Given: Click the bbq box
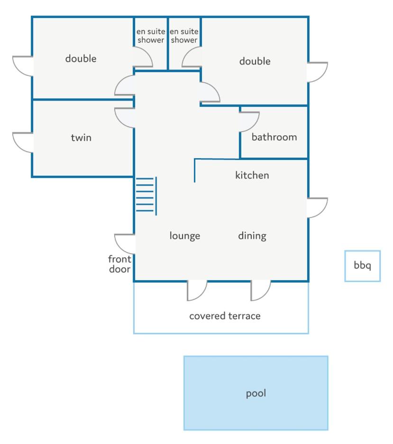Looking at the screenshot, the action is [x=362, y=266].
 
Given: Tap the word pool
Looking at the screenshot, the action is [x=256, y=394].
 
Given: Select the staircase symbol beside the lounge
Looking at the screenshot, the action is [x=146, y=196].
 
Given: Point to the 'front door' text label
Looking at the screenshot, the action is [x=119, y=264].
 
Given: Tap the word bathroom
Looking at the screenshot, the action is [x=274, y=137].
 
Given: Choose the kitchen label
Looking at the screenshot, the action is [x=252, y=175].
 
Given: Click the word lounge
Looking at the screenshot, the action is [x=184, y=236].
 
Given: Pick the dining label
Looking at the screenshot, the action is [x=252, y=236].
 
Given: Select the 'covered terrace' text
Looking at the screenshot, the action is [x=225, y=316].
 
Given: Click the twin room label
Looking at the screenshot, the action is [x=81, y=138].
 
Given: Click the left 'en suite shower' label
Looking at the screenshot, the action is [x=151, y=36].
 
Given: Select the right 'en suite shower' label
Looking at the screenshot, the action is [x=184, y=36].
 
